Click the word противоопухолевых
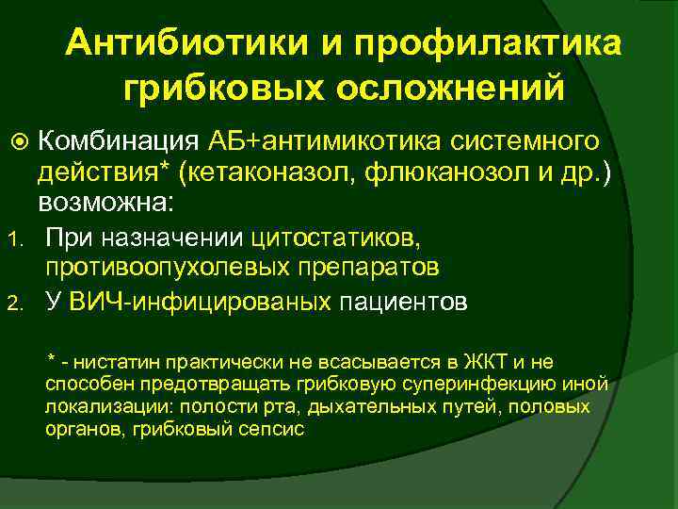click(165, 269)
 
